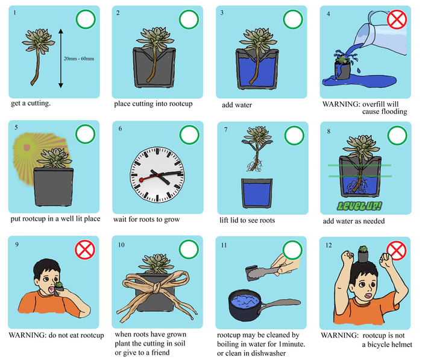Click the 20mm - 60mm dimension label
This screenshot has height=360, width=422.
(79, 58)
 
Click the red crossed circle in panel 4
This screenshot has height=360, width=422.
(397, 19)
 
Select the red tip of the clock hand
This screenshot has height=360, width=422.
(141, 180)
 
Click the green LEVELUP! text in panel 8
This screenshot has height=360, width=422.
(359, 206)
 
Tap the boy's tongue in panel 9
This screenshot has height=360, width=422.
(51, 289)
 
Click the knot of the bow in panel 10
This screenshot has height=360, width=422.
(157, 288)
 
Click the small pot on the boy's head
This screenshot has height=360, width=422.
(363, 254)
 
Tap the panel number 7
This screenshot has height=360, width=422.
(226, 130)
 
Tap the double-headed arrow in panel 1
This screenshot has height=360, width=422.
(61, 58)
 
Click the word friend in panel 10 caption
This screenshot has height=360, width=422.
(160, 352)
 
